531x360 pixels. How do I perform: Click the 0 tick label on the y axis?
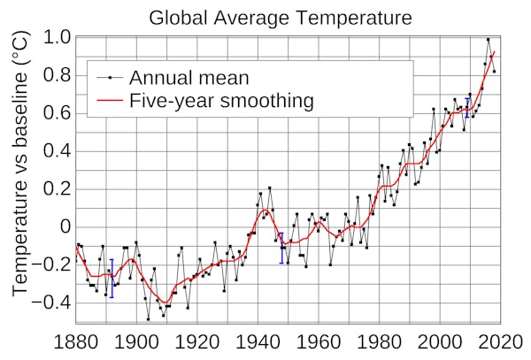(64, 226)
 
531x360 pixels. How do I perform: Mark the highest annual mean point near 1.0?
(488, 39)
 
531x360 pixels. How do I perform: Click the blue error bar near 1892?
(112, 278)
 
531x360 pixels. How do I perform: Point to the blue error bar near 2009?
(467, 107)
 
